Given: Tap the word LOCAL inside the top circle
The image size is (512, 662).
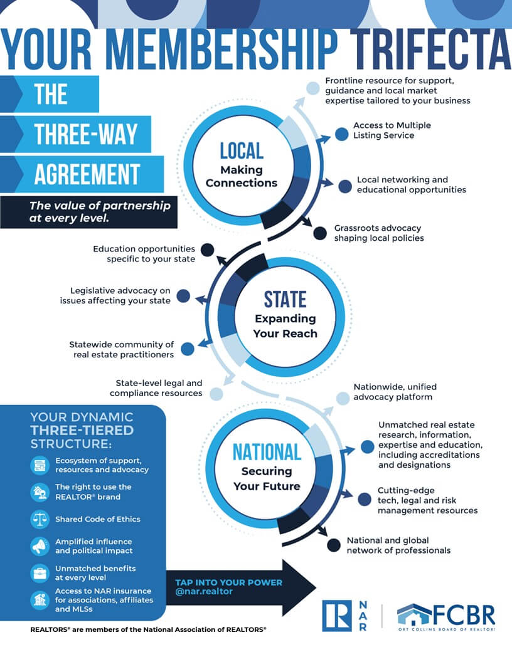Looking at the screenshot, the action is tap(242, 150).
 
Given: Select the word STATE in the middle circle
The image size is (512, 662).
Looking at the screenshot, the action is tap(285, 299).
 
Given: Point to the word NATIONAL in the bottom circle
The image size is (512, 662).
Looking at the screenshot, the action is tap(267, 452).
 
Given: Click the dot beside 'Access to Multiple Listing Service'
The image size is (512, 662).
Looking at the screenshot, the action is tap(342, 134).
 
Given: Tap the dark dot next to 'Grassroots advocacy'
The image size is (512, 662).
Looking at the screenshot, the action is tap(320, 233).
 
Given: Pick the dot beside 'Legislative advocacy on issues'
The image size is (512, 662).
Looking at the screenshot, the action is tap(183, 295).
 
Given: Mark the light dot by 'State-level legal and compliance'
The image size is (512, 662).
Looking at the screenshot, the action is tap(216, 394).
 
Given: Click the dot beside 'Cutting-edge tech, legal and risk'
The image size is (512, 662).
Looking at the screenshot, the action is tap(364, 499).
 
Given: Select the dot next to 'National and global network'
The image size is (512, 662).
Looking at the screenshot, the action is tap(334, 545).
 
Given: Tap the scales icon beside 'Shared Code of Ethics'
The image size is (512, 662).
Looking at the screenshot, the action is tap(40, 519).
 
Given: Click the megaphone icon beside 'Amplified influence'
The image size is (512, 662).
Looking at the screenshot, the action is tap(40, 546).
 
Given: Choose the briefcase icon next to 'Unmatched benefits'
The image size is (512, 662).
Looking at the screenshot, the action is tap(40, 574).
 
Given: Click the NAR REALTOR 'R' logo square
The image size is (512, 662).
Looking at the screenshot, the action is tap(337, 616).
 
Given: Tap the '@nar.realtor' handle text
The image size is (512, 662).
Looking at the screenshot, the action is tap(204, 592).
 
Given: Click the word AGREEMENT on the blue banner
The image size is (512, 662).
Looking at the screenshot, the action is tap(87, 174).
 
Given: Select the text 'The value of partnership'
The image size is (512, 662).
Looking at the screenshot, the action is tap(100, 206).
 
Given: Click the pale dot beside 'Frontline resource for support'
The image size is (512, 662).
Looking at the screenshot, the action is tap(312, 88).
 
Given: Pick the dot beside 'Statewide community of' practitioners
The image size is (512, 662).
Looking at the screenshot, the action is tap(188, 349).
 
